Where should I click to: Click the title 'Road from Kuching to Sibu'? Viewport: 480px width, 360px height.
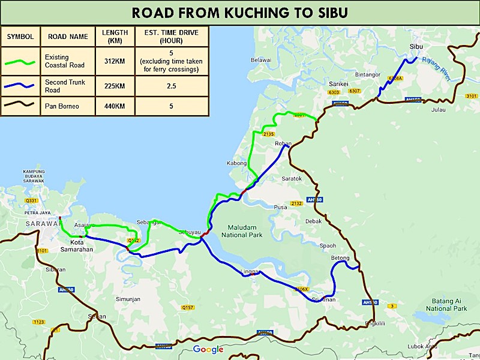(240, 13)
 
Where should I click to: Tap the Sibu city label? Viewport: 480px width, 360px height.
(416, 46)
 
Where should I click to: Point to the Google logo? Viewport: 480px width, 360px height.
(208, 349)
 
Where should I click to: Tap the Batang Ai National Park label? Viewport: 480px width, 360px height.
(446, 304)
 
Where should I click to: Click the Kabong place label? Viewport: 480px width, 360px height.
(236, 163)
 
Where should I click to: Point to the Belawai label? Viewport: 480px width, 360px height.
(261, 60)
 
